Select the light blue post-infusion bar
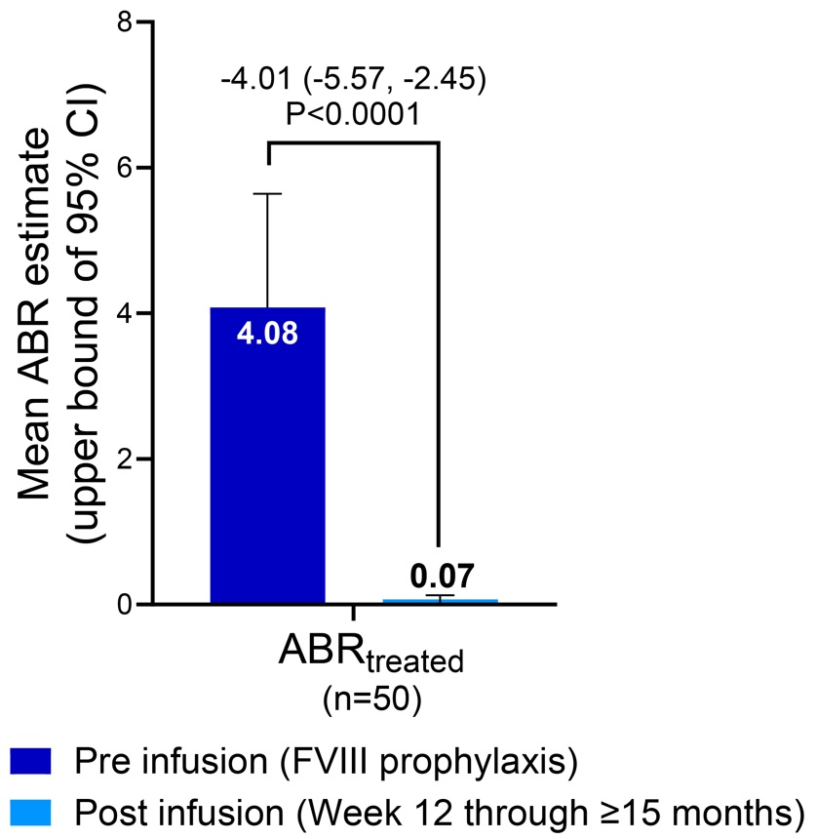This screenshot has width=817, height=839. pyautogui.click(x=440, y=600)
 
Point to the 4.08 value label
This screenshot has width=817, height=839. pyautogui.click(x=267, y=335)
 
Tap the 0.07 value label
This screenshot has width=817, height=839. pyautogui.click(x=440, y=574)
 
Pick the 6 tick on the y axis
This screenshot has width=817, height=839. pyautogui.click(x=122, y=168)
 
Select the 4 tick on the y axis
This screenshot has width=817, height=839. pyautogui.click(x=122, y=313)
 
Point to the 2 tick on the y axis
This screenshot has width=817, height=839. pyautogui.click(x=122, y=459)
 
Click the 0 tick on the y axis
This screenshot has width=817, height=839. pyautogui.click(x=122, y=605)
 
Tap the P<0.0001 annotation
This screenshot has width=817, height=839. pyautogui.click(x=353, y=115)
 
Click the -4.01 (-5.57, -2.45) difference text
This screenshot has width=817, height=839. pyautogui.click(x=353, y=78)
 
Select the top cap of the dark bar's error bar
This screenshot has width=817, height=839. pyautogui.click(x=267, y=194)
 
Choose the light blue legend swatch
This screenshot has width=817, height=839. pyautogui.click(x=29, y=811)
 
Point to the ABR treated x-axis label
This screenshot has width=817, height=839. pyautogui.click(x=371, y=657)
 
